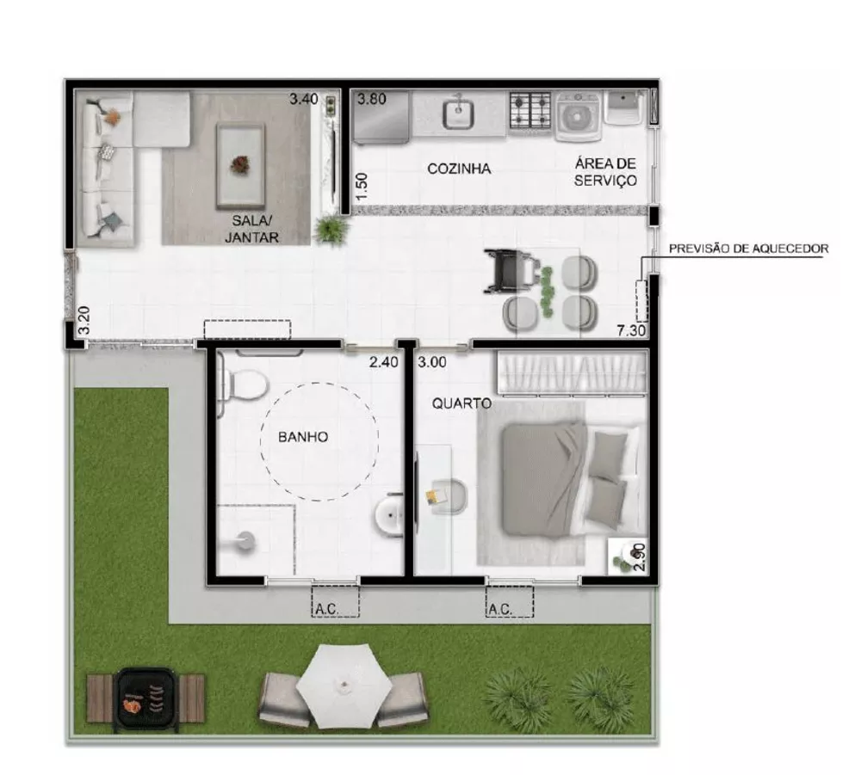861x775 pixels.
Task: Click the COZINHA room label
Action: pos(459,169)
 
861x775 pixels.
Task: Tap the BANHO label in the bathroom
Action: pos(302,437)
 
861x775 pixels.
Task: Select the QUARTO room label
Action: pos(461,403)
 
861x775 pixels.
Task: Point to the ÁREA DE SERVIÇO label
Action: pos(606,172)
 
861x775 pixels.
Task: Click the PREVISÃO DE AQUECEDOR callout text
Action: pos(749,249)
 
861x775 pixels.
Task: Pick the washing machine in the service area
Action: pos(579,114)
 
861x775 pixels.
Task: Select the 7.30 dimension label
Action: pos(631,329)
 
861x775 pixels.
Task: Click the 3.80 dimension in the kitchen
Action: pos(372,98)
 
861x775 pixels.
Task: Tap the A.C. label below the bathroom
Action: pos(325,609)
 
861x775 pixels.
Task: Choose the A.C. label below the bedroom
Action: pos(500,609)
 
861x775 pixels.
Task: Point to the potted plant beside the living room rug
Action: pos(331,229)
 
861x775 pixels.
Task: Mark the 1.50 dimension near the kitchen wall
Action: pos(362,187)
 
